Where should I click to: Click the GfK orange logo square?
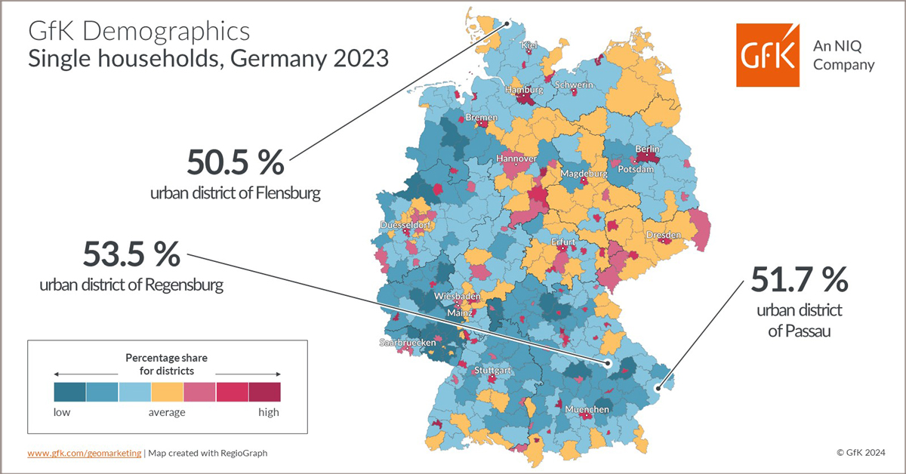pos(768,55)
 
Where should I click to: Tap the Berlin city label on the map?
pos(648,149)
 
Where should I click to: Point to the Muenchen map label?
pos(587,409)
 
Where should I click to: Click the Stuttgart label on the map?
pos(493,371)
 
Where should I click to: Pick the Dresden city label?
pos(663,235)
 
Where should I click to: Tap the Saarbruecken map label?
pos(408,343)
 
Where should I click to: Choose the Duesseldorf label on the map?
pos(405,225)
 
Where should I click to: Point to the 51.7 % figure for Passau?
pos(800,280)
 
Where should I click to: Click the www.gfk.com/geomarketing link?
pos(84,453)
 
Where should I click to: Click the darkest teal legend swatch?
pos(69,391)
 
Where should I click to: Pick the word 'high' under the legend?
pos(268,412)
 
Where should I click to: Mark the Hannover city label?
pos(516,159)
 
